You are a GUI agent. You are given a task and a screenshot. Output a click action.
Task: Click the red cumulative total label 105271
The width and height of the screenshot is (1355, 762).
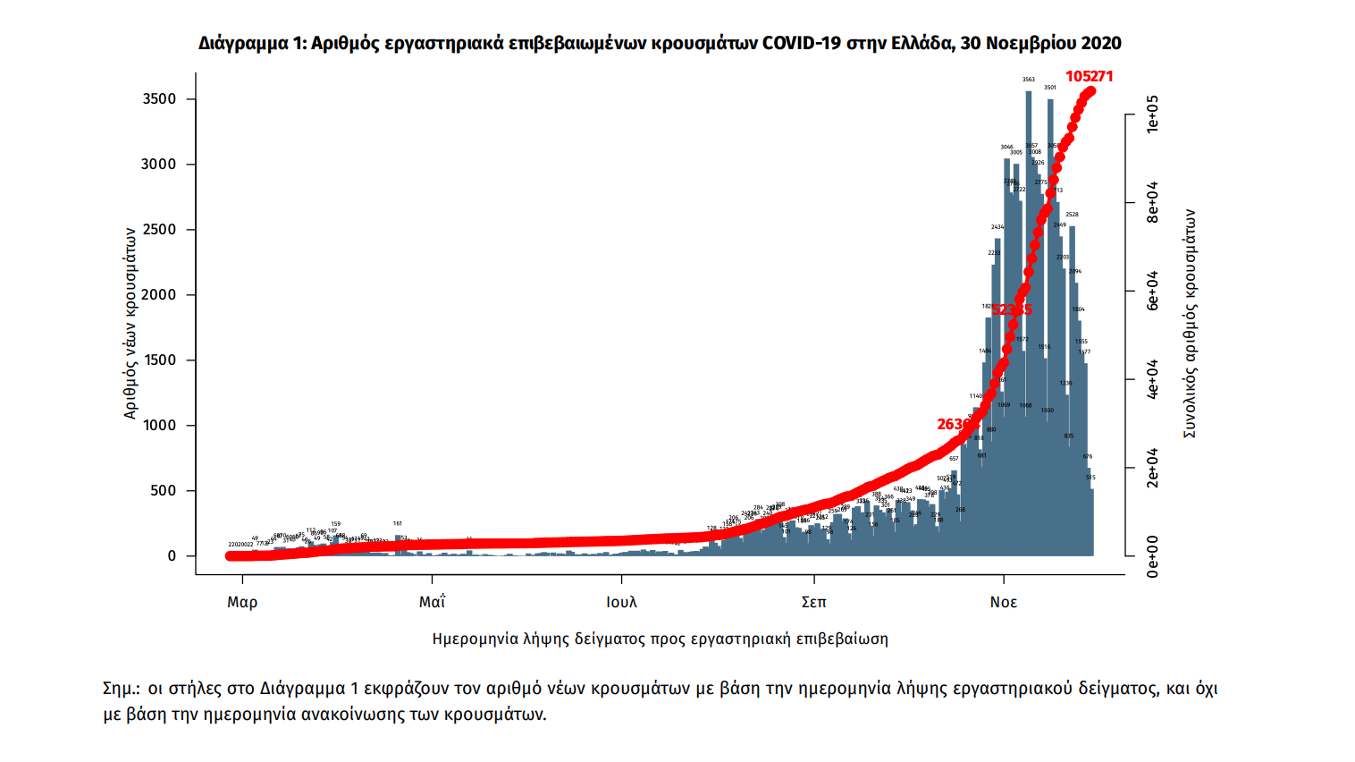[x=1089, y=77]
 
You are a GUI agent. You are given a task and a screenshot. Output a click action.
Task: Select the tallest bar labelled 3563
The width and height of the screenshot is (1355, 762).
[x=1029, y=322]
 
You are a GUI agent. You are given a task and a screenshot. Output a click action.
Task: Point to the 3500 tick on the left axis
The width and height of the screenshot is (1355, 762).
[x=160, y=99]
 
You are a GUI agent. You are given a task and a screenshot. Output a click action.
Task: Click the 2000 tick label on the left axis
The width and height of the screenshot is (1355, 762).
[x=160, y=295]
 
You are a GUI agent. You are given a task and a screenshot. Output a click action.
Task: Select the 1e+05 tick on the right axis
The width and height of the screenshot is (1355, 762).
[x=1152, y=114]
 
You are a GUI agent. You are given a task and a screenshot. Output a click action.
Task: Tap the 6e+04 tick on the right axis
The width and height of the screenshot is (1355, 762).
[x=1152, y=291]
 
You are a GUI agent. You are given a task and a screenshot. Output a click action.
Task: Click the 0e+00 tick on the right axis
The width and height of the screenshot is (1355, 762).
[x=1152, y=556]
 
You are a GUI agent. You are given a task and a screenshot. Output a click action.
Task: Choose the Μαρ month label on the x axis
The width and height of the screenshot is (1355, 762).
[x=242, y=603]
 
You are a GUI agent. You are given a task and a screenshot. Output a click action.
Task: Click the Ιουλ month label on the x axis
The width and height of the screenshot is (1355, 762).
[x=622, y=603]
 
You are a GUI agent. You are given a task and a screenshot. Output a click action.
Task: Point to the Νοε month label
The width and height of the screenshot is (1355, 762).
[x=1003, y=603]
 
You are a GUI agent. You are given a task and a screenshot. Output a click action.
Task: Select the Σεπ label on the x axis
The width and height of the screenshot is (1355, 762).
[x=813, y=603]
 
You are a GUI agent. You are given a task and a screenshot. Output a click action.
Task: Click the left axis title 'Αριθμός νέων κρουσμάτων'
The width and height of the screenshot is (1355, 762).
[x=130, y=323]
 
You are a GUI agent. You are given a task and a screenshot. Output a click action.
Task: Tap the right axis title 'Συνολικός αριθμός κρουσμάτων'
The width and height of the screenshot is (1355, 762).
[x=1190, y=324]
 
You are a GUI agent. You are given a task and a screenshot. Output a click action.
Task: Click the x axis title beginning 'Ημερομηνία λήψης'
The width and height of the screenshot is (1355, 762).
[x=660, y=639]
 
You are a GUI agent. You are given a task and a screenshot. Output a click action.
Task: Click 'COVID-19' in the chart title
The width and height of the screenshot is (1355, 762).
[x=802, y=43]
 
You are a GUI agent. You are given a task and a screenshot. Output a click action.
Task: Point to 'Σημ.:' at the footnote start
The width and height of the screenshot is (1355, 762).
[x=122, y=689]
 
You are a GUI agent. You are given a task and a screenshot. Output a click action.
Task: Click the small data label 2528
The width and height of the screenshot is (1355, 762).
[x=1072, y=215]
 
